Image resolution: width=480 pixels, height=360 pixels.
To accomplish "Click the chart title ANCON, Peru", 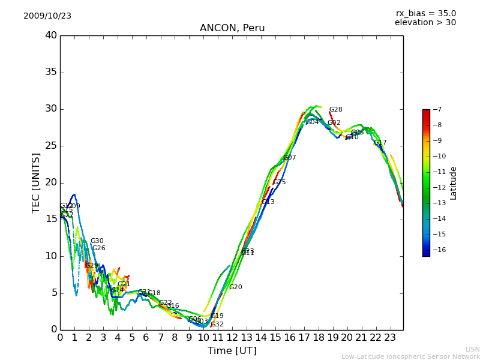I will [232, 28].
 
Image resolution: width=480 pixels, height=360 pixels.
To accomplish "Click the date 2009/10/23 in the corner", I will [47, 16].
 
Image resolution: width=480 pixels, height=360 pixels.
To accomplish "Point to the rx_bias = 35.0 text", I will [425, 14].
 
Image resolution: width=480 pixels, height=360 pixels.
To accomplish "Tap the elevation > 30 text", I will [425, 23].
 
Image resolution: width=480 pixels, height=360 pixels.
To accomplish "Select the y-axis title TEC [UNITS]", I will [37, 182].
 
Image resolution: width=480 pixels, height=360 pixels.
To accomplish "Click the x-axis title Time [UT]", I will [232, 350].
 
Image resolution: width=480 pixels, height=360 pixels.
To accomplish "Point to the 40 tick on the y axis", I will [51, 35].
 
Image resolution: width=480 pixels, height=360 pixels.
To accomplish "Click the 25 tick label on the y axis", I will [51, 146].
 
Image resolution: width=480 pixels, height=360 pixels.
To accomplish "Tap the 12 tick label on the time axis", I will [232, 337].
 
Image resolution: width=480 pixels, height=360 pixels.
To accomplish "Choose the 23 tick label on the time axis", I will [390, 337].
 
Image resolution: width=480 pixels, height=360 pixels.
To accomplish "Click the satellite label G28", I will [336, 110].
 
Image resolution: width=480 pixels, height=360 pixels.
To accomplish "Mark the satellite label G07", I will [290, 158].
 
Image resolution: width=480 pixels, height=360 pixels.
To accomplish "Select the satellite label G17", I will [380, 143].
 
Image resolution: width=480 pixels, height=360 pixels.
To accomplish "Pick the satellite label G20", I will [236, 287].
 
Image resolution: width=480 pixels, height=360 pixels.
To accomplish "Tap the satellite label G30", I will [97, 241].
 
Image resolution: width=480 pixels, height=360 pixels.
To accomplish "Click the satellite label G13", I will [268, 202].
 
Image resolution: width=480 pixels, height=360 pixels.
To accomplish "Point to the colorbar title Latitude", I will [454, 183].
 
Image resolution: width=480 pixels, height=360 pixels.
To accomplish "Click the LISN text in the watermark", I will [472, 349].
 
